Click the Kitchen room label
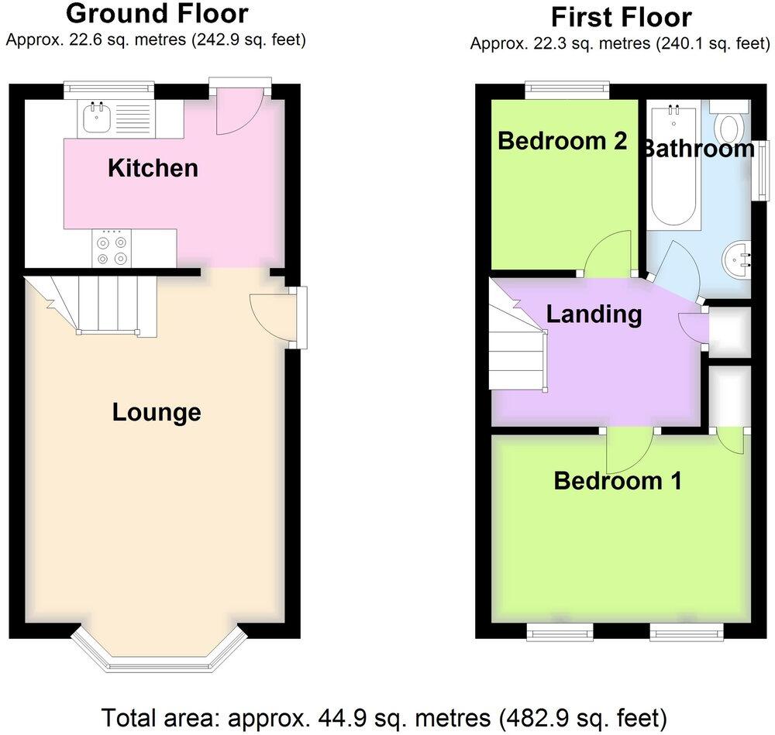pos(153,168)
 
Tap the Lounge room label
pos(157,412)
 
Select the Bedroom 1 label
pos(618,481)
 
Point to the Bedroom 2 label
pos(562,141)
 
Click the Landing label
pos(594,314)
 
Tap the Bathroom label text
pos(697,149)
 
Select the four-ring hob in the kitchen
pos(111,249)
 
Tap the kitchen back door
pos(239,112)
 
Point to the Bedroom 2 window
pos(567,91)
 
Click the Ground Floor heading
pos(157,13)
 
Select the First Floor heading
pos(622,16)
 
